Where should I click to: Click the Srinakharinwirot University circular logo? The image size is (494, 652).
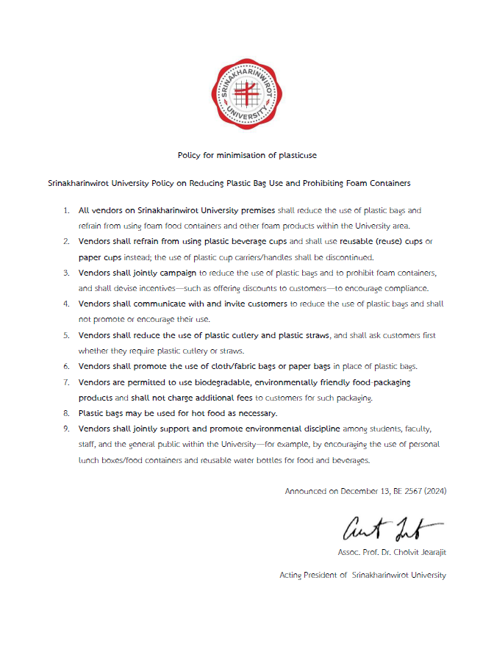[247, 94]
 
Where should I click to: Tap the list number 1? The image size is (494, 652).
[66, 210]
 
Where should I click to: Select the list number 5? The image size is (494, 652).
[66, 335]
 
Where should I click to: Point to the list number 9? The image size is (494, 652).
[66, 427]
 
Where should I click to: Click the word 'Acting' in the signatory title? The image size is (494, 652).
[291, 575]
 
